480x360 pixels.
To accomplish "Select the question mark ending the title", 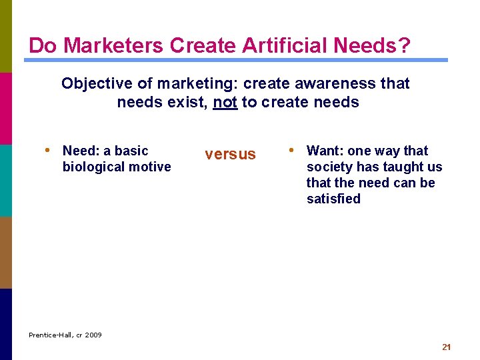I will pos(405,46).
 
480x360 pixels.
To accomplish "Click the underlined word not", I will pos(225,103).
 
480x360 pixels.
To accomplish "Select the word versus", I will pos(230,155).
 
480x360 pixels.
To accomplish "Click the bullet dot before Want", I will pos(291,151).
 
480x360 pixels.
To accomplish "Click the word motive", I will pos(150,167).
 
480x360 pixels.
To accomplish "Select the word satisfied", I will pos(333,199).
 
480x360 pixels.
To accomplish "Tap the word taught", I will pos(401,167).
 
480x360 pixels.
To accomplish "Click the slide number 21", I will pos(447,347).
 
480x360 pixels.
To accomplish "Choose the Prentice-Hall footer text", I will pos(51,335).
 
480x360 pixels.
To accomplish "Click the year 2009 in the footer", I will pos(93,335).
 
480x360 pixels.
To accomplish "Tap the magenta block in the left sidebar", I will pos(6,108).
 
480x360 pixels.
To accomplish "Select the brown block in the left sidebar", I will pos(6,252).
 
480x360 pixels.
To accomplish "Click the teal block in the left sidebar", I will pos(6,180).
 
